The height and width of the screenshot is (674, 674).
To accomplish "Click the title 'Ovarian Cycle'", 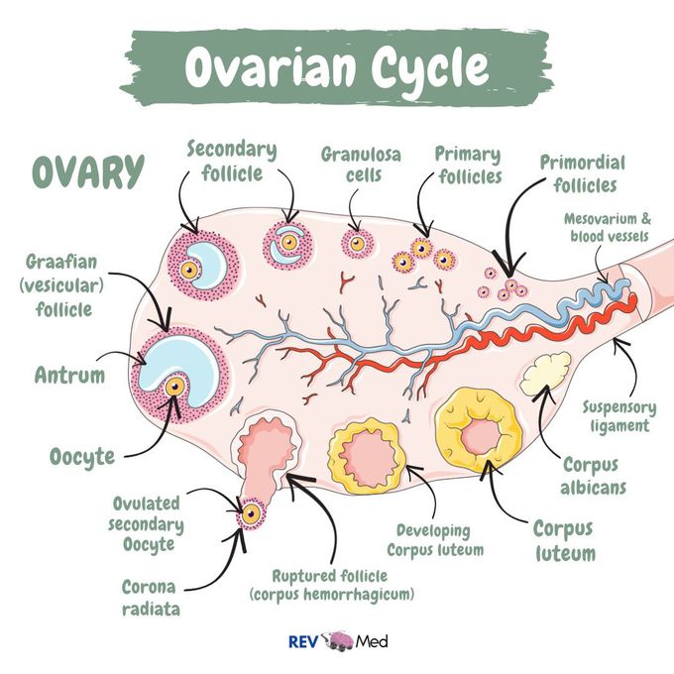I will point(337,67).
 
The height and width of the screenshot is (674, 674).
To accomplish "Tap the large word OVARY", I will point(88,171).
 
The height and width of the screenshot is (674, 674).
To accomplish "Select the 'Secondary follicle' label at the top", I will point(231,162).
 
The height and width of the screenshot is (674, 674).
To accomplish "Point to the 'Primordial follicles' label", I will point(578,171).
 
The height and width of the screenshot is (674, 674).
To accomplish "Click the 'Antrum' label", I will point(71,377).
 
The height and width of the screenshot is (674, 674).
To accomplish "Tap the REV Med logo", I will point(337,640).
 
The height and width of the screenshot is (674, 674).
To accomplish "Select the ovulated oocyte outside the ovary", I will point(251,513).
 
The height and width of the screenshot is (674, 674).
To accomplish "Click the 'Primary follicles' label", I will point(468,166).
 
